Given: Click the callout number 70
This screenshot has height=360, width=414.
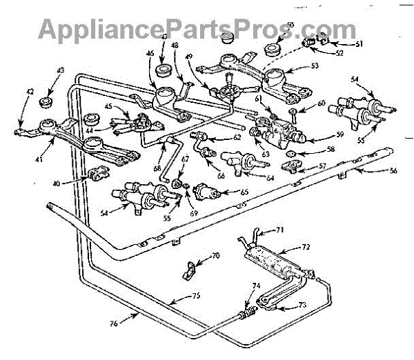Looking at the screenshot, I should (x=215, y=255).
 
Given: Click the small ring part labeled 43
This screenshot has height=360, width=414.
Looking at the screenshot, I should (x=47, y=103).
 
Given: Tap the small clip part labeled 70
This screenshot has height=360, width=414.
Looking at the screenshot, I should (x=192, y=268).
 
